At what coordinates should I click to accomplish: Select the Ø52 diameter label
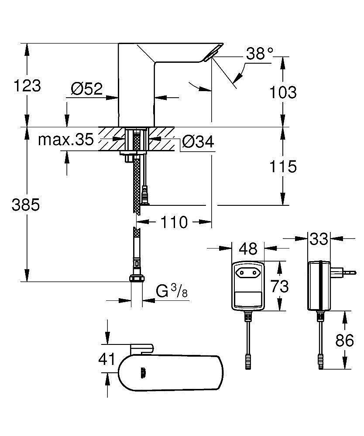coord(86,89)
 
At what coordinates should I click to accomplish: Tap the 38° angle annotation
coord(259,54)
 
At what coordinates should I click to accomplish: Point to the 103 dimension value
coord(283,92)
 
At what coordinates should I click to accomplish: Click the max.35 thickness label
coord(65,140)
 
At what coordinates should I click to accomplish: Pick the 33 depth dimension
coord(319,239)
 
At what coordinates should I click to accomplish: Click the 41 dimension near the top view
coord(106,360)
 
